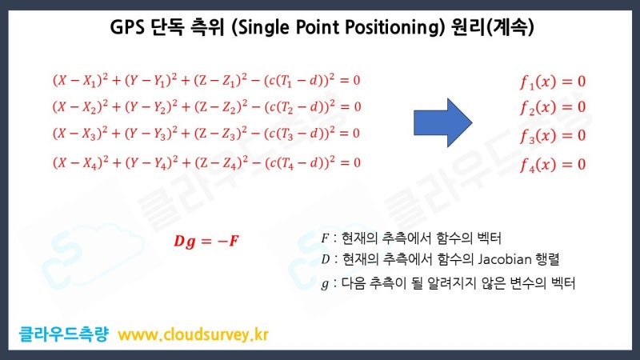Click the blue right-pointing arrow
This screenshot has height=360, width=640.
click(443, 122)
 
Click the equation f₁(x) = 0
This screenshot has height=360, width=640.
click(552, 81)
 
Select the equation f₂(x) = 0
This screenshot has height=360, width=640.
click(552, 107)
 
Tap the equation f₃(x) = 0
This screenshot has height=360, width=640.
click(552, 135)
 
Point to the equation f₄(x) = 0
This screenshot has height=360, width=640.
click(552, 165)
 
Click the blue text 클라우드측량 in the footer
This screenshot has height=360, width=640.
click(65, 333)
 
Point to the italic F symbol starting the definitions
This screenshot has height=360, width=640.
click(324, 238)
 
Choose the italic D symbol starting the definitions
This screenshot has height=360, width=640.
click(324, 259)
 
